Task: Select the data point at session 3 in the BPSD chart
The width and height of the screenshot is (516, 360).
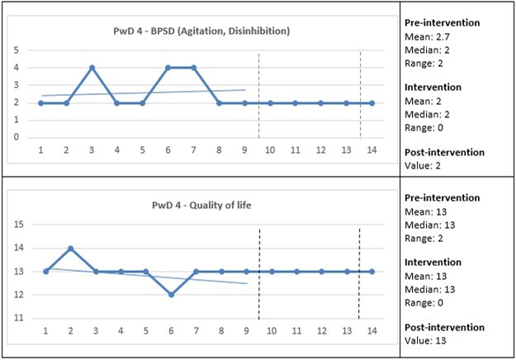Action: point(92,68)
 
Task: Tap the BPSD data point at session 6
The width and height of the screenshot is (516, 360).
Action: point(168,68)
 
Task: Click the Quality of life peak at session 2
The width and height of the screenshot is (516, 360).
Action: point(69,248)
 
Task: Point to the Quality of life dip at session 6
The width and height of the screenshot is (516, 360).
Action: point(170,295)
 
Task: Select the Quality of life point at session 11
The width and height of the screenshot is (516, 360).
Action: point(296,272)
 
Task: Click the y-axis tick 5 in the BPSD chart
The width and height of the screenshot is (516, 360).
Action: point(16,50)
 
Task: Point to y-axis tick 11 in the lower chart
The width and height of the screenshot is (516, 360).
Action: point(17,318)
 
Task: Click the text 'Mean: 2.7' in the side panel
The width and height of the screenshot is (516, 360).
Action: point(429,37)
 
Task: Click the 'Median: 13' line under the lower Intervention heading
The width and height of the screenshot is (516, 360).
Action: point(433,289)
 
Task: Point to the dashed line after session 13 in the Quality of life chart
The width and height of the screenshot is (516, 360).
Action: point(358,272)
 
